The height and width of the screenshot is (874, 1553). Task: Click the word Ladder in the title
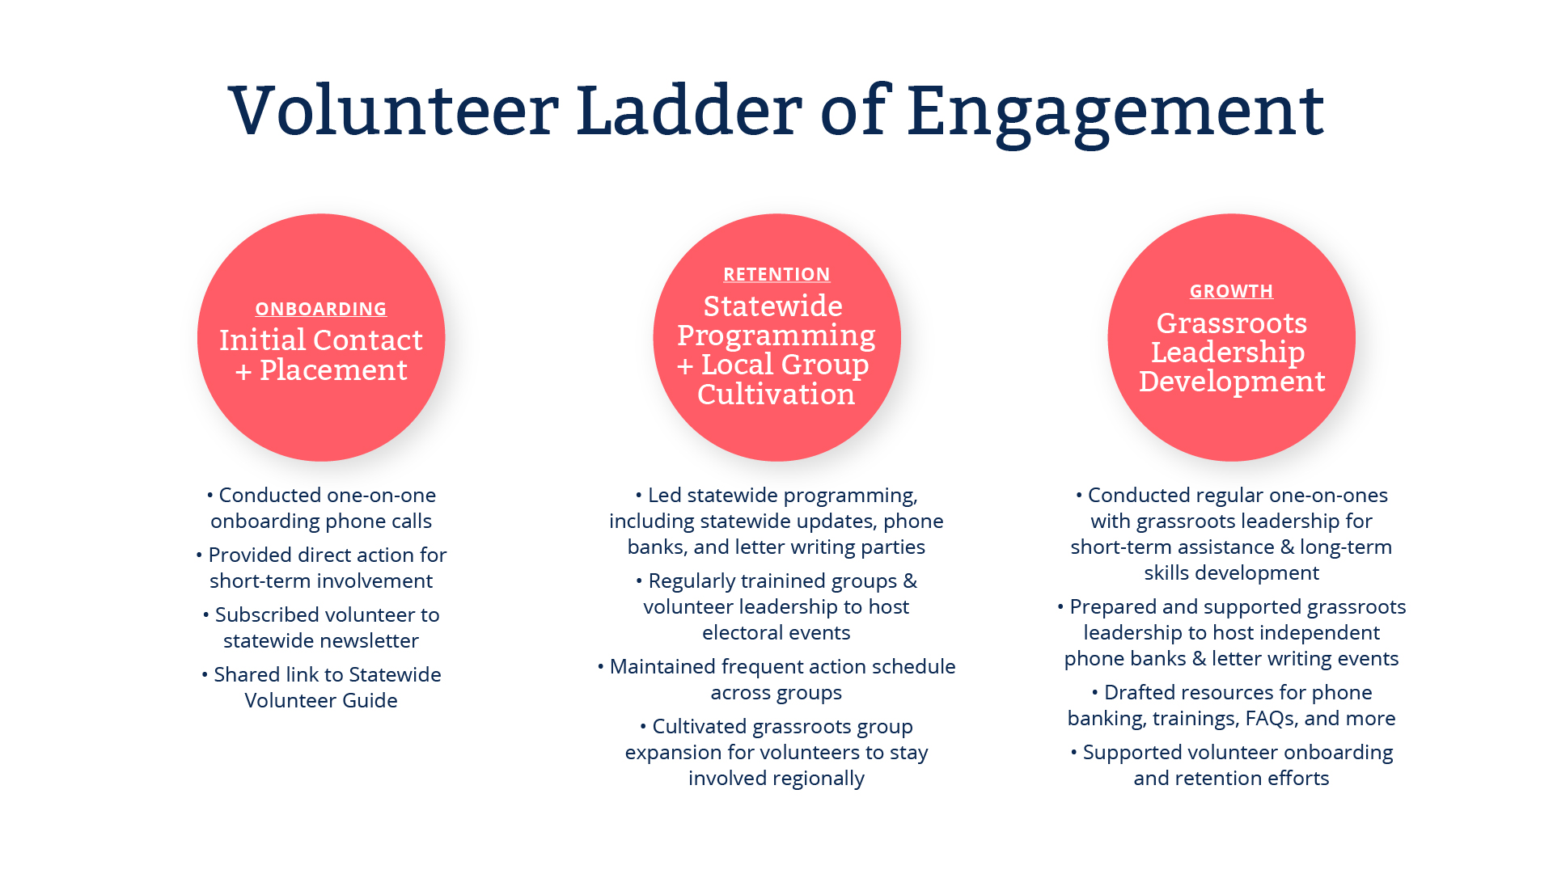tap(689, 110)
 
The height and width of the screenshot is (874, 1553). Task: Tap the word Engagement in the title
tap(1115, 116)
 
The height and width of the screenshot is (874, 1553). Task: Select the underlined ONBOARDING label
tap(321, 309)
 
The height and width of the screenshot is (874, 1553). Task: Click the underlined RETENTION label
tap(776, 274)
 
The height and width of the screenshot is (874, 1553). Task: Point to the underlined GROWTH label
tap(1231, 291)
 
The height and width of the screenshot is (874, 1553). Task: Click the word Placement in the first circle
tap(333, 369)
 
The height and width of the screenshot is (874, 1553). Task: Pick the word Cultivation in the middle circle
tap(776, 394)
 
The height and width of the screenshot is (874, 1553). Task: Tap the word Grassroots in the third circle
tap(1231, 323)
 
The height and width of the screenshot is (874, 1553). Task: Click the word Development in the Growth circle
tap(1232, 381)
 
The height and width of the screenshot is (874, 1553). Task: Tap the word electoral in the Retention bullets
tap(735, 632)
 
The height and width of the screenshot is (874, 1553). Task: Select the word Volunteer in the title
tap(394, 110)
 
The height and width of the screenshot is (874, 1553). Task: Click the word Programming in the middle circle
tap(776, 336)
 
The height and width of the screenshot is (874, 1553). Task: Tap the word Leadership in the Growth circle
tap(1228, 353)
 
